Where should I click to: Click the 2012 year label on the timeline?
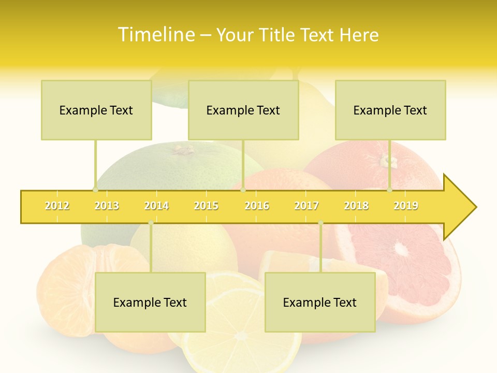pos(57,206)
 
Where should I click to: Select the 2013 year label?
pos(107,206)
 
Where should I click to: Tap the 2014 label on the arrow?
pos(156,206)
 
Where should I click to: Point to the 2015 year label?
pos(206,206)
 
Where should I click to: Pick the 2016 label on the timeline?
pos(257,206)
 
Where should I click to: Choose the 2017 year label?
pos(306,206)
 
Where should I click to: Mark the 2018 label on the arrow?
pos(356,206)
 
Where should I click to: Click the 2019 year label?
pos(406,206)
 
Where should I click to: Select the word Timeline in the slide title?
pos(155,35)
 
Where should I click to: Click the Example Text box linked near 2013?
pos(96,110)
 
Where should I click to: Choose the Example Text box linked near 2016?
pos(243,110)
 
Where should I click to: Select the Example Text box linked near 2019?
pos(390,110)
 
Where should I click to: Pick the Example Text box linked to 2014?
pos(150,302)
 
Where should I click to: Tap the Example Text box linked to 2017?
pos(320,302)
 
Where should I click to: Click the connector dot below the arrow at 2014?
pos(151,223)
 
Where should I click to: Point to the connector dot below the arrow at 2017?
pos(320,223)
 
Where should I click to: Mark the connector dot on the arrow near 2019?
pos(390,190)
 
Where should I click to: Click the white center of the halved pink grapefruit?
pos(401,249)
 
